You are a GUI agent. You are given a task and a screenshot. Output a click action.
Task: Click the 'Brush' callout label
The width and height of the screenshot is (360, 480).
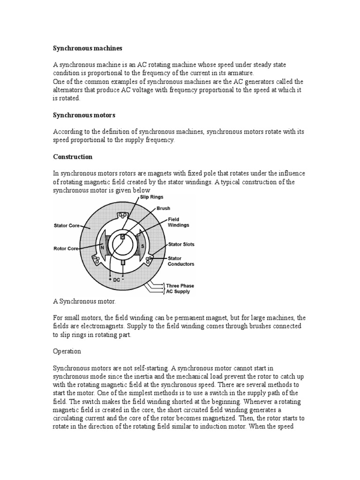point(164,209)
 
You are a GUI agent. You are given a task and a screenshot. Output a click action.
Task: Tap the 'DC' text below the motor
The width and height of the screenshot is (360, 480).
point(117,280)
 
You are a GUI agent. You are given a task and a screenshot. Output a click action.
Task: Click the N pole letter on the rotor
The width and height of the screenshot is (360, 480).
point(102,246)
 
